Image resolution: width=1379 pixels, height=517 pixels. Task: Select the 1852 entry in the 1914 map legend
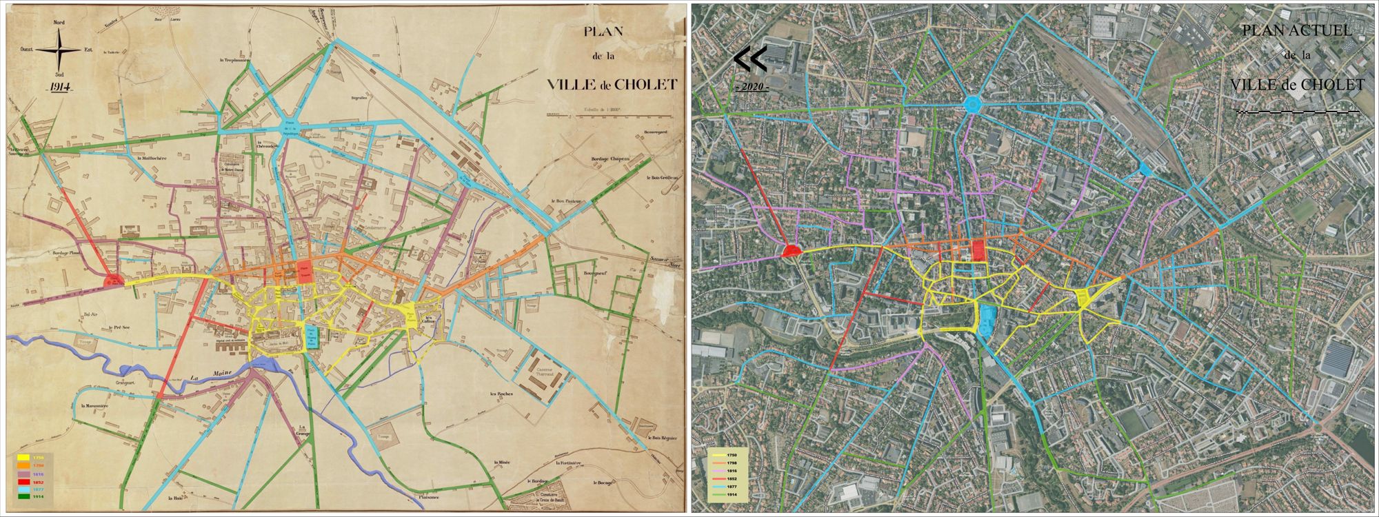(x=37, y=481)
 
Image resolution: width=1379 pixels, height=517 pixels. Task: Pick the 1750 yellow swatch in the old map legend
(x=23, y=456)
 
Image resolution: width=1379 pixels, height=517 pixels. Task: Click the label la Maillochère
(x=154, y=158)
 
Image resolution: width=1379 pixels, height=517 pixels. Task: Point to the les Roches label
(x=501, y=394)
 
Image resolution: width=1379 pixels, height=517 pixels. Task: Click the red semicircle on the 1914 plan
(x=113, y=281)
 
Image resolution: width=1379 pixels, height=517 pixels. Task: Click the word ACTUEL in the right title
(x=1320, y=32)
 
